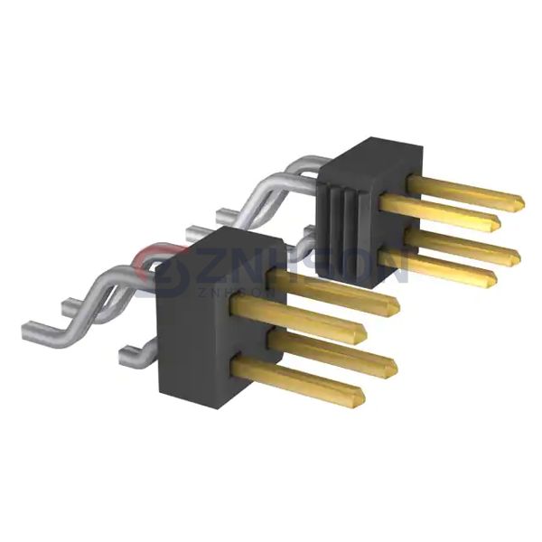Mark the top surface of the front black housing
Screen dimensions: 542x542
pyautogui.click(x=222, y=244)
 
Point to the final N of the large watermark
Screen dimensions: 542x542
pyautogui.click(x=389, y=263)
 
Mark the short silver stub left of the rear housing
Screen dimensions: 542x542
pyautogui.click(x=229, y=215)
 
